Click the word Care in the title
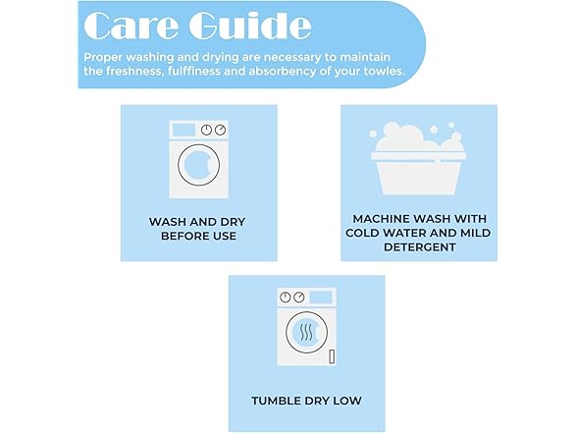coord(131,26)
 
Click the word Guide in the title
coord(250,26)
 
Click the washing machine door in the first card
coord(198,165)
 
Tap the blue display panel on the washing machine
coord(184,130)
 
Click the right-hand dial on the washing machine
coord(220,130)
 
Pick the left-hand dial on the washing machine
coord(206,130)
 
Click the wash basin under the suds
coord(418,173)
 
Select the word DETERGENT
coord(420,247)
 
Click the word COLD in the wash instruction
coord(362,233)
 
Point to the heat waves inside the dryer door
coord(306,333)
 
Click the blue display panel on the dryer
coord(321,297)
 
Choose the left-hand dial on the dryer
coord(286,298)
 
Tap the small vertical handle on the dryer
coord(332,356)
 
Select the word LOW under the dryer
coord(347,401)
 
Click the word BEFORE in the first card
coord(180,236)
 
